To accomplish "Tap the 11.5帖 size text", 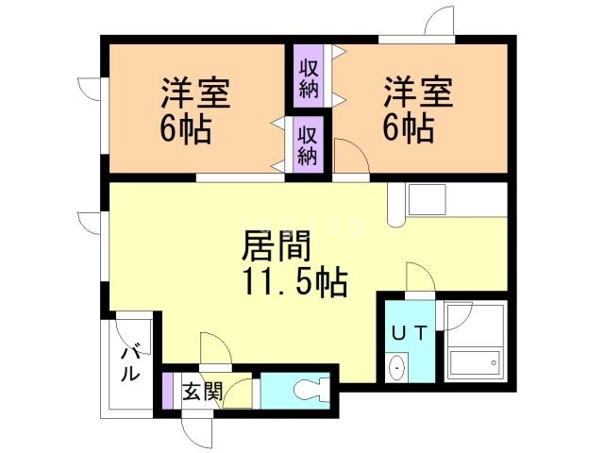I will coord(294,281).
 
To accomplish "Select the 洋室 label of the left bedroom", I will coord(196,95).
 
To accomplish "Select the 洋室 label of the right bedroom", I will coord(418,95).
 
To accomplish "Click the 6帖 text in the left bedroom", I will coord(185,128).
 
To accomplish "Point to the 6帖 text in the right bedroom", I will coord(408,128).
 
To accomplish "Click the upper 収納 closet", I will coord(309,77).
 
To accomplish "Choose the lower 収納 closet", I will coord(309,143).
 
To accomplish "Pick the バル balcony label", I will coord(130,361).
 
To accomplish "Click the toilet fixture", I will coord(311,389).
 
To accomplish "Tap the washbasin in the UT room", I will coord(396,366).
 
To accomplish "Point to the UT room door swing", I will coord(419,277).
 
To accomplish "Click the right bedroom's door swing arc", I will coord(345,157).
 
